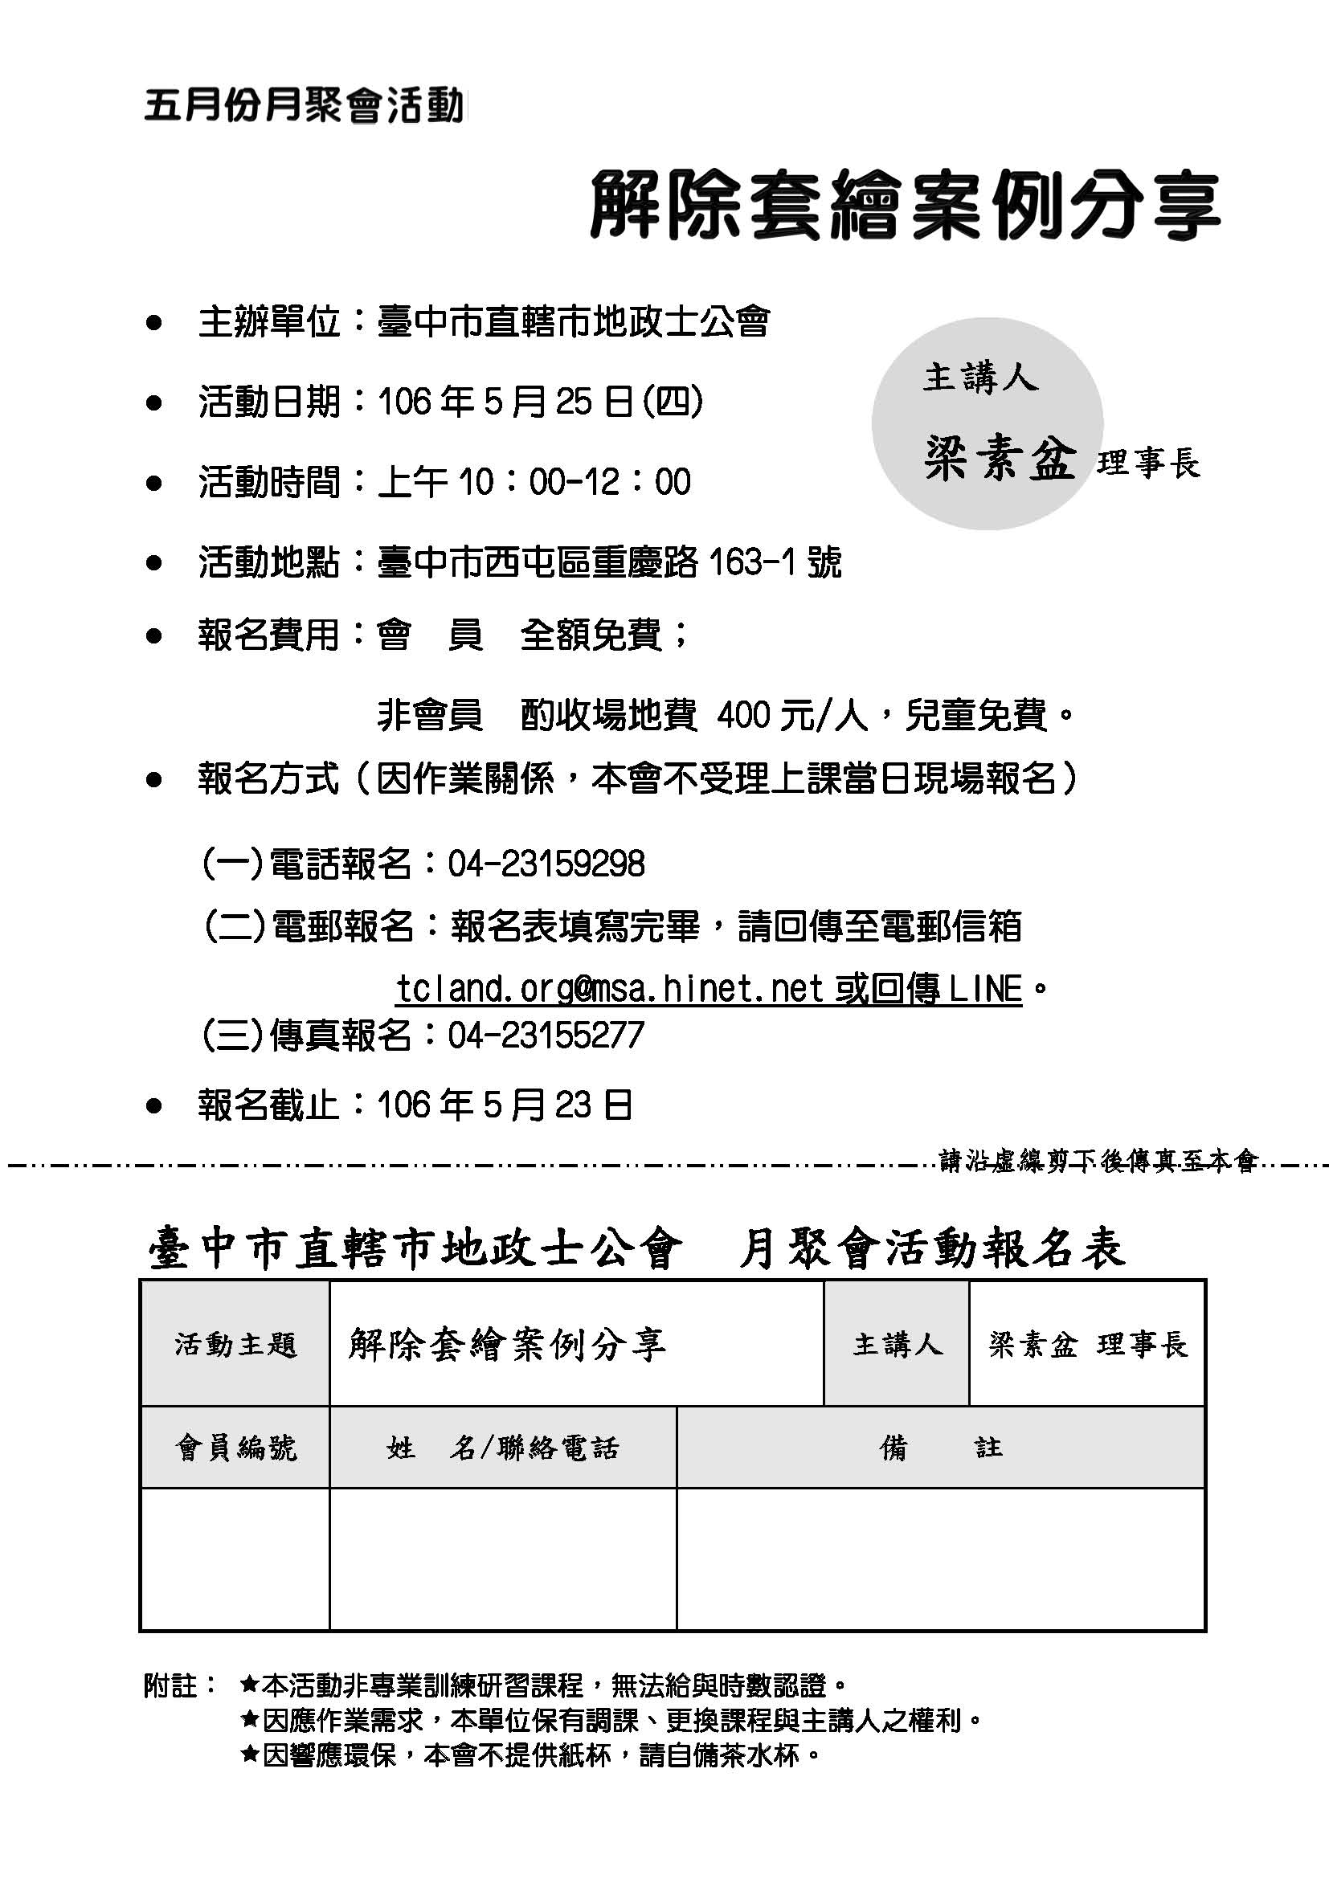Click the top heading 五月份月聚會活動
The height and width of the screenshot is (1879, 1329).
304,106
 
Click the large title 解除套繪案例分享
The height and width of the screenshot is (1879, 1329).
903,206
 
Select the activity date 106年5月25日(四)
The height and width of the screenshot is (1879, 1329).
540,402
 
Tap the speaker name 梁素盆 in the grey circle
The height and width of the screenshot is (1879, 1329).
1000,458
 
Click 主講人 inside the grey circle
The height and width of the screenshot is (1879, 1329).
980,378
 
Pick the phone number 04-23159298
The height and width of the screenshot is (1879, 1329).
546,864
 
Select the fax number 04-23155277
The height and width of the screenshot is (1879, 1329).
546,1035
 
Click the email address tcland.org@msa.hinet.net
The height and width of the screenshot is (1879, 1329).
609,989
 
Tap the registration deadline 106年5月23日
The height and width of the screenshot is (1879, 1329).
504,1105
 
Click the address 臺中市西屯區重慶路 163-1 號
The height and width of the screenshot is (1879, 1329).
609,563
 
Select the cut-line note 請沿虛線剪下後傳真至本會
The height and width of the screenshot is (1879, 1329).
1097,1162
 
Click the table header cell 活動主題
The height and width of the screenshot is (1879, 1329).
235,1345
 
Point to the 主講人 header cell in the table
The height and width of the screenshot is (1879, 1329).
896,1345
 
